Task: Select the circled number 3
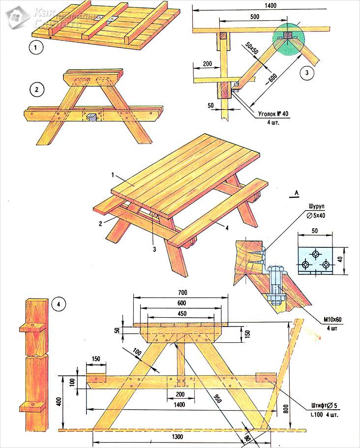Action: click(306, 73)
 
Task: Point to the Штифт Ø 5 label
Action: click(325, 406)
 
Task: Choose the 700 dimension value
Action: click(181, 292)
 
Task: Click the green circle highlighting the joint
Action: click(288, 36)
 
